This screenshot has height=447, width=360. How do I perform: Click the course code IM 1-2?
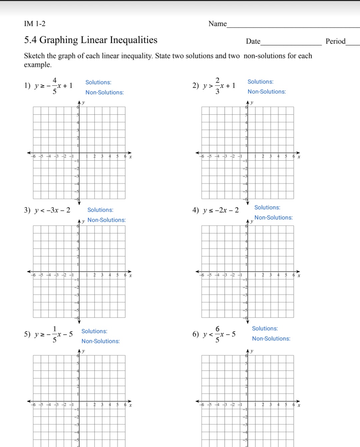35,24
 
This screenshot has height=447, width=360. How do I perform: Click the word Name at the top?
217,24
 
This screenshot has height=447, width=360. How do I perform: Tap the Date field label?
253,41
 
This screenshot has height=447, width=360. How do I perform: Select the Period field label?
335,41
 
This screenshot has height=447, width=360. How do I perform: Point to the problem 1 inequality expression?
54,86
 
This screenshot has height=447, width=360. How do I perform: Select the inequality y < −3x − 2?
52,210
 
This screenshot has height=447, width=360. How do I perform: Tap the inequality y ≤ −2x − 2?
221,210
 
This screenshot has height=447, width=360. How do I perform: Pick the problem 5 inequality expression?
54,334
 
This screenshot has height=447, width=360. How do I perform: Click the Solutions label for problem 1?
98,82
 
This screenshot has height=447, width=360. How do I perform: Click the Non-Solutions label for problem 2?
267,92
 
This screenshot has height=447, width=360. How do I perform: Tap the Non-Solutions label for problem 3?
107,220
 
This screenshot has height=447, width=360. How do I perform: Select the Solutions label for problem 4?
267,207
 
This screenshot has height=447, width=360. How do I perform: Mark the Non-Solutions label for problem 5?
101,341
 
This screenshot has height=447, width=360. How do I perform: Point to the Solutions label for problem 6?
265,329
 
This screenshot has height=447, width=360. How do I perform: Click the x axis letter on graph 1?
130,157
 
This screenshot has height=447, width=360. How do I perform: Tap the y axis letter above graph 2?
252,102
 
